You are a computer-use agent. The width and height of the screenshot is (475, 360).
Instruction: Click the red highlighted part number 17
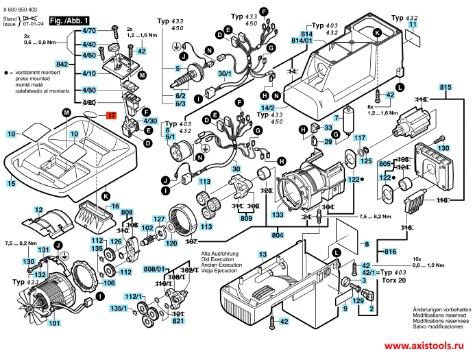coord(112,116)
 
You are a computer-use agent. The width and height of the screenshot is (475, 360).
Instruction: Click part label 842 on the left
coord(62,63)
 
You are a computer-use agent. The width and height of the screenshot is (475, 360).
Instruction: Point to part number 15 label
coord(11,184)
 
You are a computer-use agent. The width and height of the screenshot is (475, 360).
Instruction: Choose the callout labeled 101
coord(53,323)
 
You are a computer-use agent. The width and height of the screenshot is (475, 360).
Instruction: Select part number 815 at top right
coord(446,87)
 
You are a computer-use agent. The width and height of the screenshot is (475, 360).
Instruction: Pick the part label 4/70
coord(89,31)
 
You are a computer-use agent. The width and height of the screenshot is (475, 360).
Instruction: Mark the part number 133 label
coord(278,215)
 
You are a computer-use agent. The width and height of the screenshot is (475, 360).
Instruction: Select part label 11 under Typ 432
coord(412,24)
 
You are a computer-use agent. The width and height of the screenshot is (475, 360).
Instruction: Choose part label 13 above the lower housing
coord(263,254)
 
